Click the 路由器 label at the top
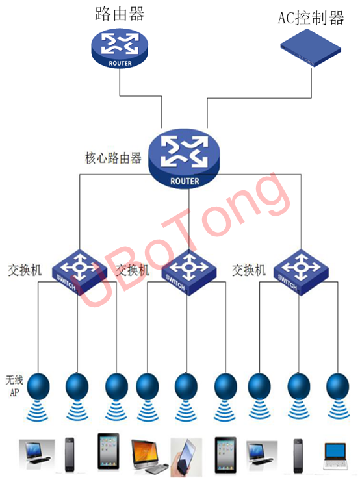[120, 14]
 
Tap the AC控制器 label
[311, 18]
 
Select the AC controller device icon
[311, 47]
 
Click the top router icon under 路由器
[120, 48]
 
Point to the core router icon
[184, 158]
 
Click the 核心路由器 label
[113, 158]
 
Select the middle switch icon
[188, 272]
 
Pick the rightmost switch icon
[301, 272]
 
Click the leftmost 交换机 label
[25, 270]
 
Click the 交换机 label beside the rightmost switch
[248, 270]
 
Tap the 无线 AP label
[14, 386]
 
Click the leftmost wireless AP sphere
[38, 386]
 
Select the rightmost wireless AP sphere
[338, 386]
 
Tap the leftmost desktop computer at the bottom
[37, 454]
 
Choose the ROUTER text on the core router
[185, 181]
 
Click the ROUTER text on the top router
[120, 64]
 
